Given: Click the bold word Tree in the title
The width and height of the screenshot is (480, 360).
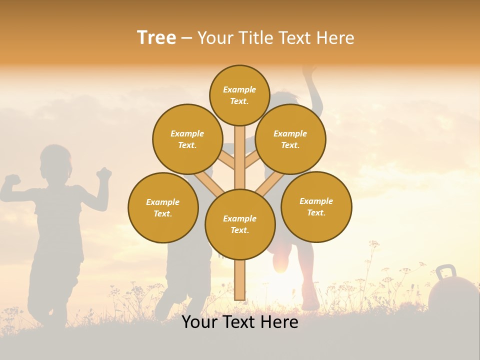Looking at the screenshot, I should pyautogui.click(x=156, y=38).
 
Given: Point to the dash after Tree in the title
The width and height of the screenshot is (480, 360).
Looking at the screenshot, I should pyautogui.click(x=186, y=38).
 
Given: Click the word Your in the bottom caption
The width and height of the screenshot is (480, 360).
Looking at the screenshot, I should pyautogui.click(x=200, y=322).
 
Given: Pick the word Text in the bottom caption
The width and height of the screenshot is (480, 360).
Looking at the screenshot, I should pyautogui.click(x=239, y=322).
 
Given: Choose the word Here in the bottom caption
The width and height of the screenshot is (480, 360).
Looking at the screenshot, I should pyautogui.click(x=280, y=322).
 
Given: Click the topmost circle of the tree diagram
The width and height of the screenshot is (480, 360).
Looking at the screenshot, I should pyautogui.click(x=239, y=95).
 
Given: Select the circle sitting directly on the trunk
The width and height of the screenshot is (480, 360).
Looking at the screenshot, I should pyautogui.click(x=240, y=224).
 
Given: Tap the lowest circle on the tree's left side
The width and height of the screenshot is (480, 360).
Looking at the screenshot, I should pyautogui.click(x=163, y=208).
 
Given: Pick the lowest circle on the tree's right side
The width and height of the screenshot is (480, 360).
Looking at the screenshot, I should pyautogui.click(x=316, y=207).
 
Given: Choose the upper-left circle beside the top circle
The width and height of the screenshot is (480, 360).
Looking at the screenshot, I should pyautogui.click(x=187, y=139).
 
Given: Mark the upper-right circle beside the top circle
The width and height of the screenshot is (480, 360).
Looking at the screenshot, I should pyautogui.click(x=290, y=139).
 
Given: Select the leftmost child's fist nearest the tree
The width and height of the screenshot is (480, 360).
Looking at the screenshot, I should pyautogui.click(x=104, y=174).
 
